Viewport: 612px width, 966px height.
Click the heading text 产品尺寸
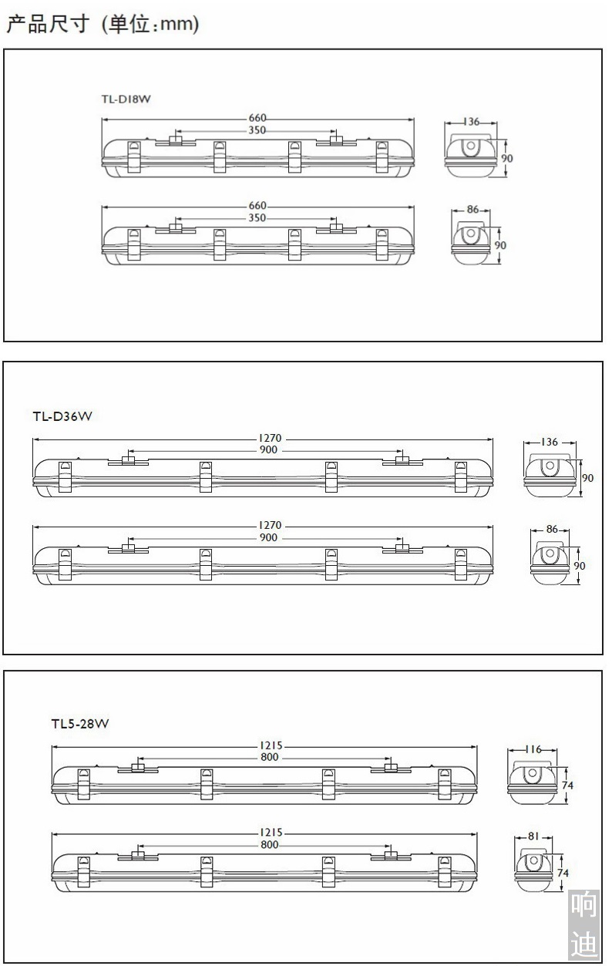pyautogui.click(x=48, y=24)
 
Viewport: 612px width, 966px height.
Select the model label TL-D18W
pyautogui.click(x=126, y=99)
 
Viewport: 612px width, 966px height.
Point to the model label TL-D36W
pyautogui.click(x=62, y=416)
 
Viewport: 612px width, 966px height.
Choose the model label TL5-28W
pyautogui.click(x=80, y=723)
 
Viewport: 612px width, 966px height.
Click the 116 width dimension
pyautogui.click(x=533, y=749)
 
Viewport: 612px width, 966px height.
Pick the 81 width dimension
pyautogui.click(x=533, y=836)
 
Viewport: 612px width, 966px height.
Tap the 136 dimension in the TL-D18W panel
pyautogui.click(x=472, y=122)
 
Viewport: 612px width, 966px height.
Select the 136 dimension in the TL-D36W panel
pyautogui.click(x=550, y=442)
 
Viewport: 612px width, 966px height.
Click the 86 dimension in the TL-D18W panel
pyautogui.click(x=472, y=209)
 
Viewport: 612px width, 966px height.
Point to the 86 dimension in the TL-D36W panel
pyautogui.click(x=552, y=529)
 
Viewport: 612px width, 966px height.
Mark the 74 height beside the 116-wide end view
pyautogui.click(x=567, y=785)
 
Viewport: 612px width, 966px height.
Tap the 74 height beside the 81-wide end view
pyautogui.click(x=563, y=873)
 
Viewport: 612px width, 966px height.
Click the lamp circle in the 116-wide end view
pyautogui.click(x=532, y=772)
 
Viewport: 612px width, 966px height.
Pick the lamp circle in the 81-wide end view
pyautogui.click(x=534, y=860)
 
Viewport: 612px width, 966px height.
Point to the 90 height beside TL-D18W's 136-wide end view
pyautogui.click(x=507, y=158)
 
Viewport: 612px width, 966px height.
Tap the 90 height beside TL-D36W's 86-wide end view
pyautogui.click(x=579, y=565)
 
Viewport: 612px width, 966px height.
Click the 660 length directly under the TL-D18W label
pyautogui.click(x=257, y=118)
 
